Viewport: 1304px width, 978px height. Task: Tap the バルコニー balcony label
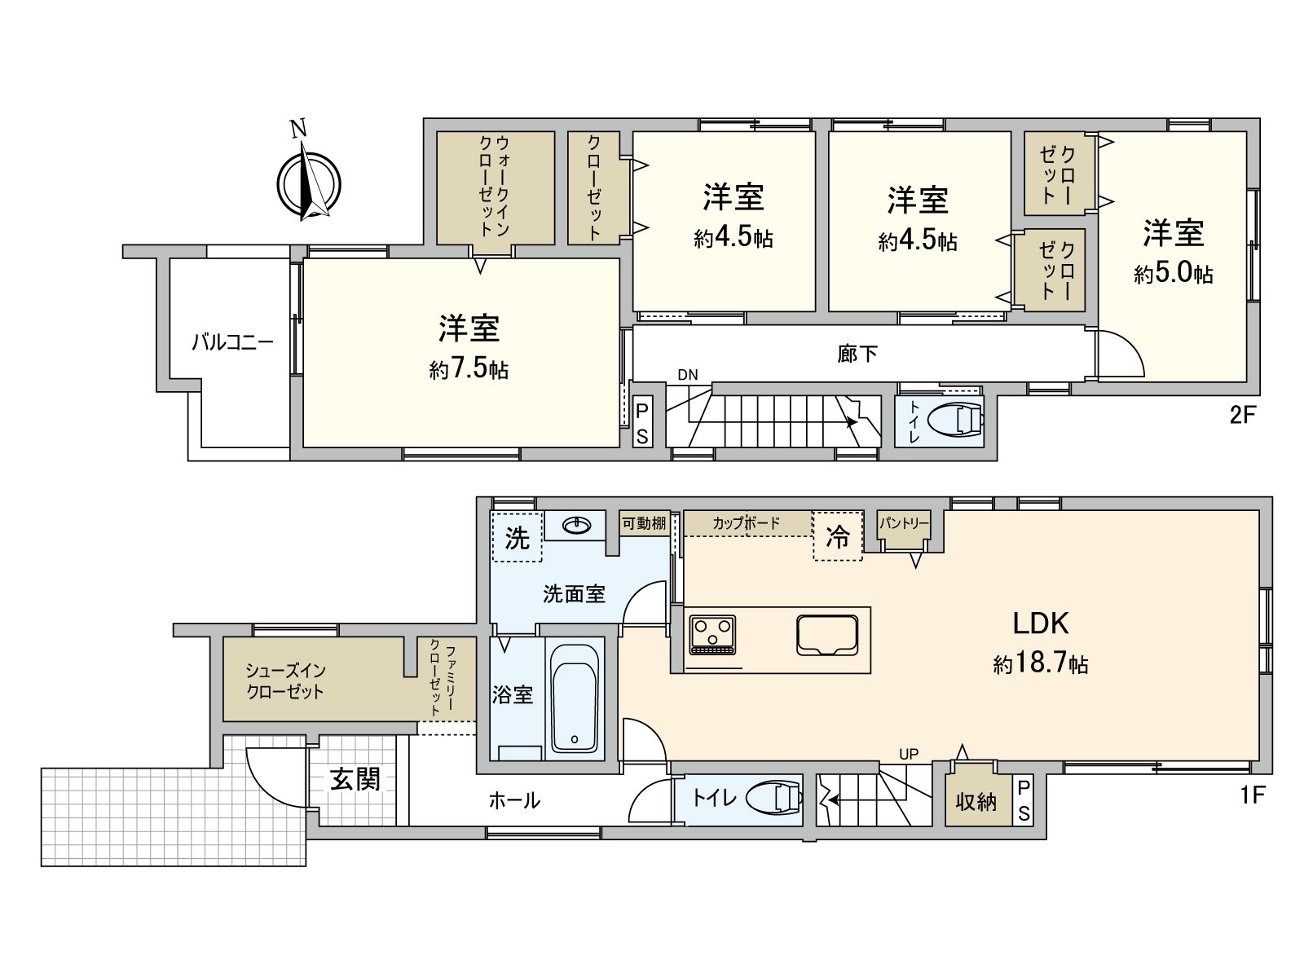pyautogui.click(x=232, y=342)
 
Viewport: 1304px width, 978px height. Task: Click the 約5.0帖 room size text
pyautogui.click(x=1173, y=273)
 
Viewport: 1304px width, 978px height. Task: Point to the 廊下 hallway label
pyautogui.click(x=857, y=354)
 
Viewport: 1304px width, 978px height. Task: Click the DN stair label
pyautogui.click(x=687, y=375)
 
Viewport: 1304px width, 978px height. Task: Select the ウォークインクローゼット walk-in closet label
pyautogui.click(x=494, y=186)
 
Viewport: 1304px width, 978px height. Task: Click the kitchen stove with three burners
pyautogui.click(x=712, y=635)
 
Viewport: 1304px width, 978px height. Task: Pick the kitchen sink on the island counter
pyautogui.click(x=827, y=635)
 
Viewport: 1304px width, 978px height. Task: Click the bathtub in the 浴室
pyautogui.click(x=574, y=699)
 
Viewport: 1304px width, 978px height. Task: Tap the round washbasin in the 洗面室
pyautogui.click(x=576, y=526)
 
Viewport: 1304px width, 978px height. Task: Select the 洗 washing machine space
pyautogui.click(x=517, y=536)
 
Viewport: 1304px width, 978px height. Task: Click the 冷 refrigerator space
pyautogui.click(x=837, y=535)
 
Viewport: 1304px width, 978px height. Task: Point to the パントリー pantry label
pyautogui.click(x=904, y=523)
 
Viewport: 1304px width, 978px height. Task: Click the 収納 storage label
pyautogui.click(x=976, y=802)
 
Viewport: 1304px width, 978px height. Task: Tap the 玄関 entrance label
pyautogui.click(x=355, y=779)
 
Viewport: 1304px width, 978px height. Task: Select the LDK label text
pyautogui.click(x=1040, y=623)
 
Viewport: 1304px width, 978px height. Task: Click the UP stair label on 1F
pyautogui.click(x=909, y=754)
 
